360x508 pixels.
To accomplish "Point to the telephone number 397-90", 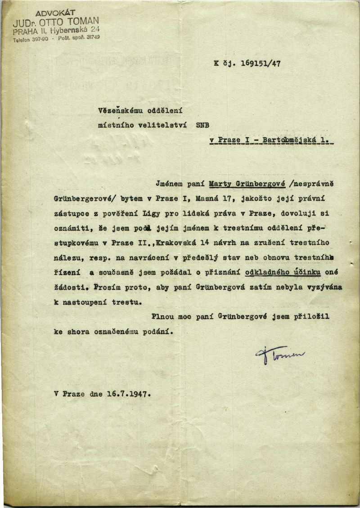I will (40, 39).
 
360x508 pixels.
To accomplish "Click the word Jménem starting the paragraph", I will (169, 184).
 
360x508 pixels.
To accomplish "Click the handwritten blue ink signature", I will (279, 354).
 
